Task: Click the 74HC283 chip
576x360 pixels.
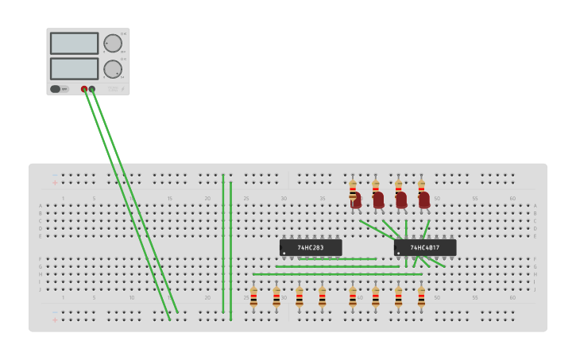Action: click(x=311, y=248)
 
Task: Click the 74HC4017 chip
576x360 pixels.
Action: click(x=425, y=248)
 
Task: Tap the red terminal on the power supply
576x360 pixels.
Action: click(x=84, y=89)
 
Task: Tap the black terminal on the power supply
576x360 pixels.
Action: click(x=92, y=89)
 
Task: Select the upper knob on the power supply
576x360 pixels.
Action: click(x=113, y=43)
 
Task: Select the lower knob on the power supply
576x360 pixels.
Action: click(x=113, y=69)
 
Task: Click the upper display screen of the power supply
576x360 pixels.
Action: click(x=74, y=43)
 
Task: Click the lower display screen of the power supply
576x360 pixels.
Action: click(x=74, y=68)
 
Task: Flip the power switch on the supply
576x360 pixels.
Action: click(x=56, y=89)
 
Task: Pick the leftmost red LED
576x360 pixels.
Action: click(x=356, y=199)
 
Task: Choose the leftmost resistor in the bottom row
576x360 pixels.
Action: click(x=253, y=298)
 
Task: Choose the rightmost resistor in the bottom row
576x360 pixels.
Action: click(x=421, y=298)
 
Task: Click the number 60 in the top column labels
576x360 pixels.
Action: click(x=512, y=198)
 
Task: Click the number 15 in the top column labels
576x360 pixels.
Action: click(x=169, y=198)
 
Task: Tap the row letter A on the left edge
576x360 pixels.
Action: click(x=41, y=206)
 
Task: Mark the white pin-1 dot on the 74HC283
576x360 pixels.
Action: click(x=284, y=254)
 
